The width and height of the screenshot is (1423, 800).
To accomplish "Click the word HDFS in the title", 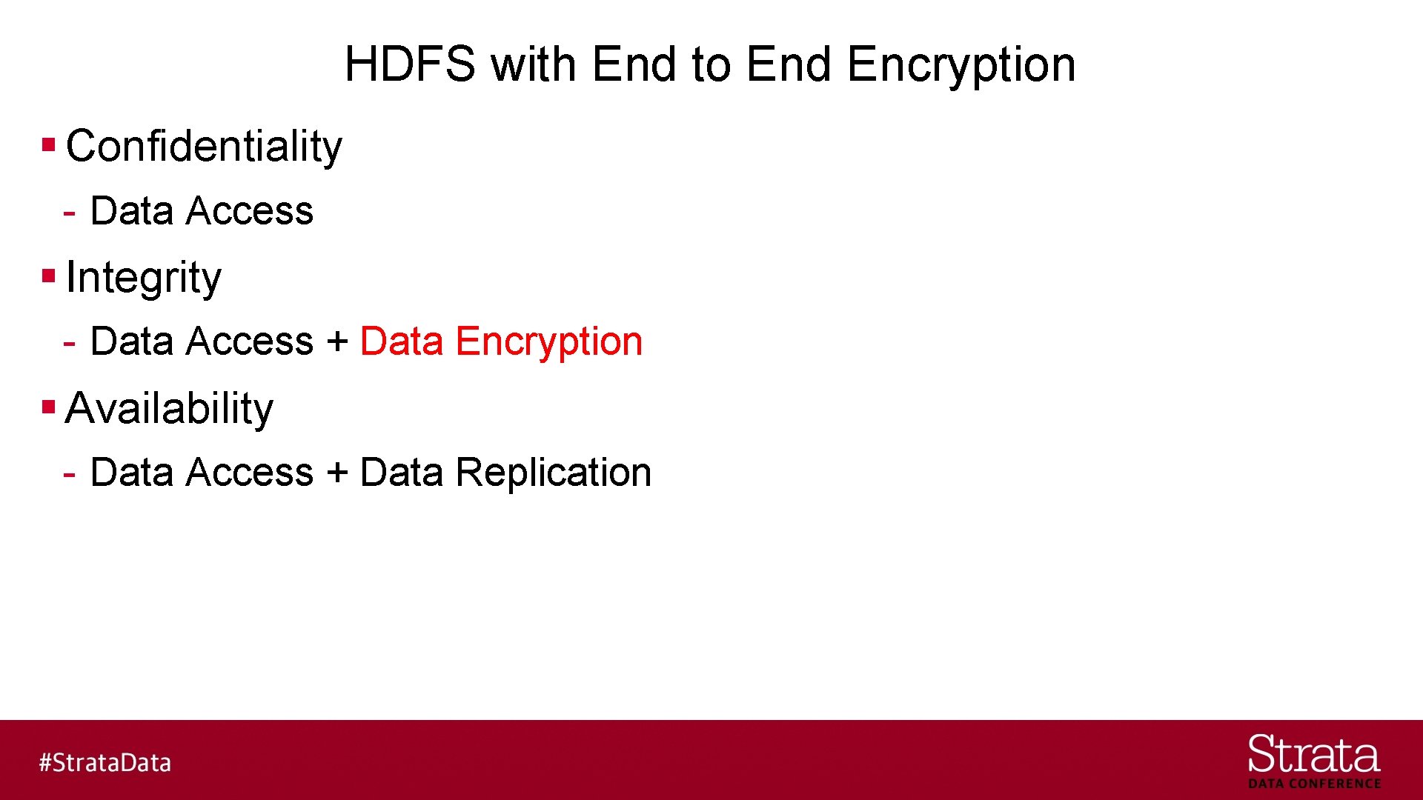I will point(409,64).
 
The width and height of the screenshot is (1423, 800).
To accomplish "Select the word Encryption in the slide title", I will point(961,65).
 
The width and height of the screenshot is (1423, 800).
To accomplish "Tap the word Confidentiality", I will point(204,146).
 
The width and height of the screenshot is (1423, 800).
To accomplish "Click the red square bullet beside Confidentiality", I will point(49,144).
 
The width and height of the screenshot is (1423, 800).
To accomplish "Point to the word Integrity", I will point(143,278).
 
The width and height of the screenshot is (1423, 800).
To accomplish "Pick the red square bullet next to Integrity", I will point(49,276).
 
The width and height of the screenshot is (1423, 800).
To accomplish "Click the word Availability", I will point(169,408).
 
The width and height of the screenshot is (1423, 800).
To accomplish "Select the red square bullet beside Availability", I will point(49,407).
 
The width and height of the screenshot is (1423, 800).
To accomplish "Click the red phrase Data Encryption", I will point(501,341).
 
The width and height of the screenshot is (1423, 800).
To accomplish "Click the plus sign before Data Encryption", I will point(337,341).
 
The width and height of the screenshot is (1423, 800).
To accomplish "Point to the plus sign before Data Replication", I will point(337,473).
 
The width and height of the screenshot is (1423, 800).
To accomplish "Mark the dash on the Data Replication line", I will point(70,474).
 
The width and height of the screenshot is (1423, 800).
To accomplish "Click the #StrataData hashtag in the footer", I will point(105,762).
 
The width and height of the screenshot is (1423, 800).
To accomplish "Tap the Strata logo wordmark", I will point(1314,755).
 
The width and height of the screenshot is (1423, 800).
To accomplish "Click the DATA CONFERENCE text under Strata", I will point(1314,784).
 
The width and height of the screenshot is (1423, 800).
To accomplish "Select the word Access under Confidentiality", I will point(250,211).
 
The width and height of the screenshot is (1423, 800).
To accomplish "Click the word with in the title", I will point(534,64).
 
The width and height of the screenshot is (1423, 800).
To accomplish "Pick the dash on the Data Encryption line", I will point(70,344).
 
